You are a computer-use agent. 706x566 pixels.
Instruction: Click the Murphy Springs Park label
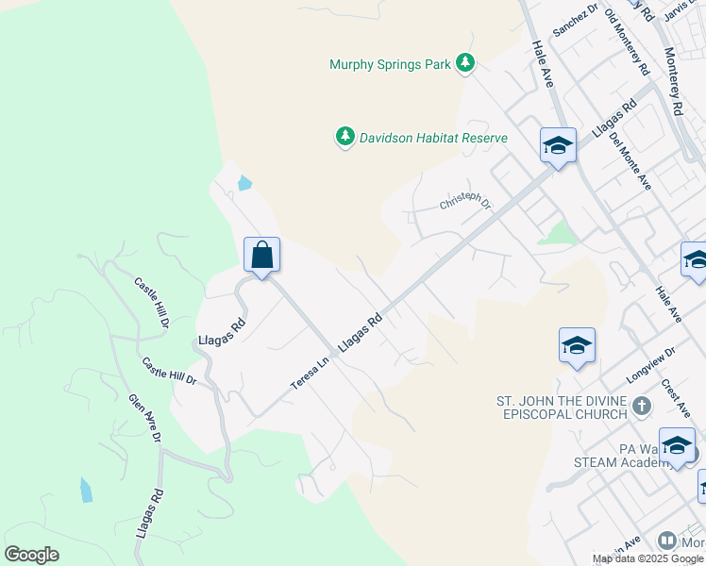click(x=391, y=65)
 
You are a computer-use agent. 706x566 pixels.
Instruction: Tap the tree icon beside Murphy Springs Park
click(x=464, y=64)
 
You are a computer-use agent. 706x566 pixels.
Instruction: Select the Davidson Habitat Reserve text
click(x=434, y=138)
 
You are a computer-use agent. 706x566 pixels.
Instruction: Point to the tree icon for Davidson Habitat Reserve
click(x=345, y=138)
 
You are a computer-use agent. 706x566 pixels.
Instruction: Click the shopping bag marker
click(x=261, y=255)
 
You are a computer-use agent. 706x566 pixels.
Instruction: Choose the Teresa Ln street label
click(x=311, y=374)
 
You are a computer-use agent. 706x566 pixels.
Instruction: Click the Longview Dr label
click(x=651, y=366)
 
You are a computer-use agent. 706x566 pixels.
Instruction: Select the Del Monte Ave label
click(x=630, y=159)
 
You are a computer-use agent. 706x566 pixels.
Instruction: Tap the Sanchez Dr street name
click(x=576, y=20)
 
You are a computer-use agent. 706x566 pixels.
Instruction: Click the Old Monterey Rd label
click(x=627, y=42)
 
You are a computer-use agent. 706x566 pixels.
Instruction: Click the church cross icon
click(x=642, y=407)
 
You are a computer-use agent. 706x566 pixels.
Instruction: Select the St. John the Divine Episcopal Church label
click(x=562, y=408)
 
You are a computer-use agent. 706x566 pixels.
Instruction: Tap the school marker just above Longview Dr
click(x=577, y=346)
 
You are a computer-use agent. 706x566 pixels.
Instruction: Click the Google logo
click(x=31, y=555)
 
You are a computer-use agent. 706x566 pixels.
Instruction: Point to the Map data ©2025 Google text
click(x=647, y=558)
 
